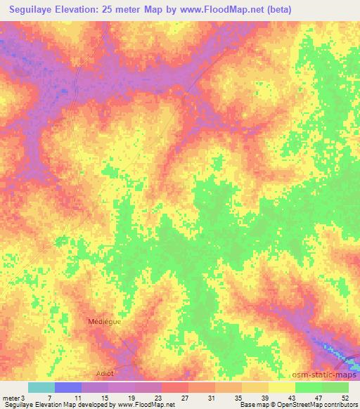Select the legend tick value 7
[49, 398]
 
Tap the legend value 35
[240, 398]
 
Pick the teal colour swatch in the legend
[41, 387]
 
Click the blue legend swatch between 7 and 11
[68, 387]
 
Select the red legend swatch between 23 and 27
[175, 387]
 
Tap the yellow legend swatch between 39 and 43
[282, 387]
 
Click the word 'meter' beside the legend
[11, 398]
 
